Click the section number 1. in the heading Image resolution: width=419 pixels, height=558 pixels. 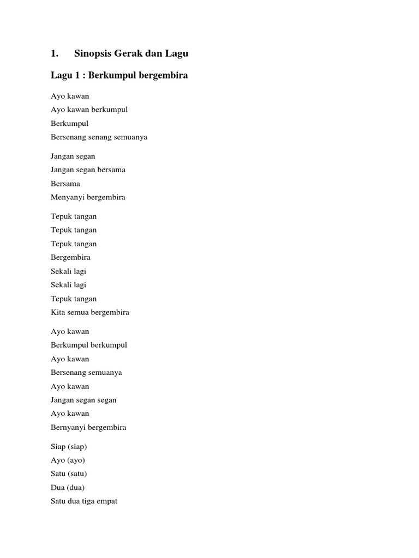(55, 53)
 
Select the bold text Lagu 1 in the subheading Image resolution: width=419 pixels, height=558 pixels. (64, 75)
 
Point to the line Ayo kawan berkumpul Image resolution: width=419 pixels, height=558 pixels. (89, 110)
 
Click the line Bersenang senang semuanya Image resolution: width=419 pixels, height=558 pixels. (99, 137)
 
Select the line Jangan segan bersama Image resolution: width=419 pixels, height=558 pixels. (88, 169)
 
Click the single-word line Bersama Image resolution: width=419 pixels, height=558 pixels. (65, 184)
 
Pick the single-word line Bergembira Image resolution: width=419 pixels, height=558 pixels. (70, 257)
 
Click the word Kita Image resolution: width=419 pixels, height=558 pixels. (57, 312)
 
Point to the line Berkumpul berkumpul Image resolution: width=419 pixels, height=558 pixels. (89, 345)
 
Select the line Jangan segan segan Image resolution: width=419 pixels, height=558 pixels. (83, 400)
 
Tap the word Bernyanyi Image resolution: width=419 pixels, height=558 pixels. (68, 427)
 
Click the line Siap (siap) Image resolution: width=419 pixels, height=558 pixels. (69, 446)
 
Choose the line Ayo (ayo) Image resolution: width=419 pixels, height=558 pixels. (68, 460)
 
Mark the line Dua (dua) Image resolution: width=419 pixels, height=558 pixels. (68, 487)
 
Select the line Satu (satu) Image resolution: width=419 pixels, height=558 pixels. (69, 474)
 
